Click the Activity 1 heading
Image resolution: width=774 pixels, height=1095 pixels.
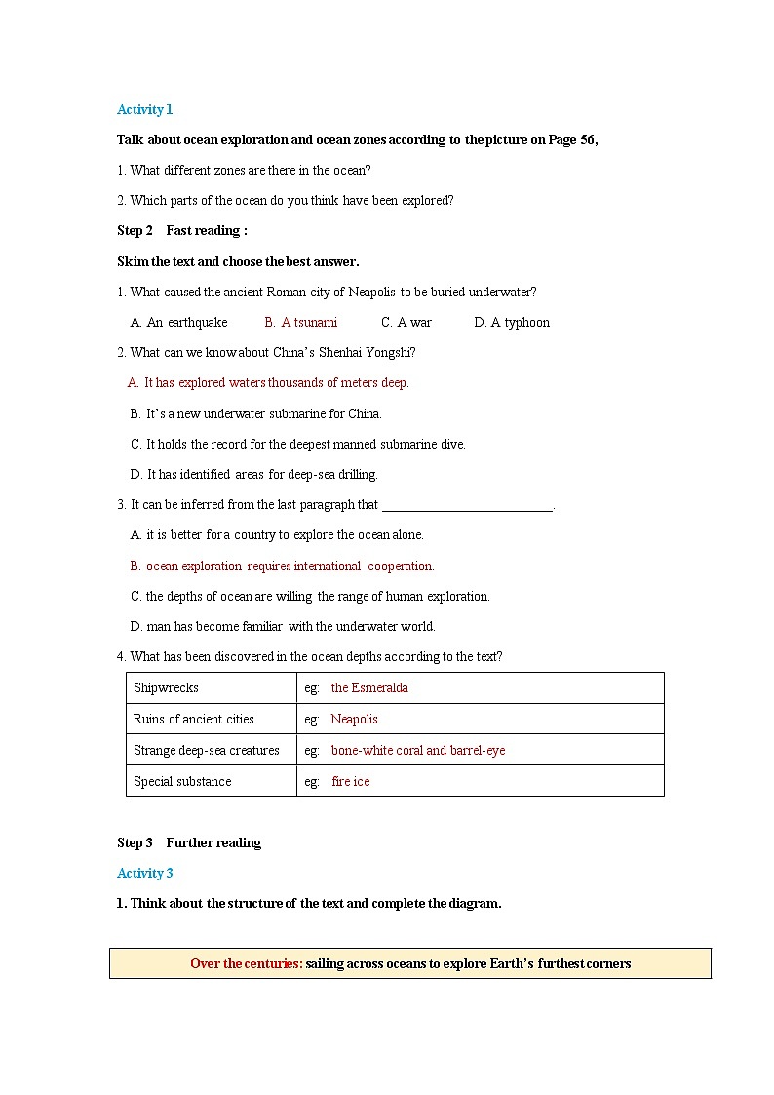(144, 109)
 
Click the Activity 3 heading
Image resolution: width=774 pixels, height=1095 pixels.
(144, 873)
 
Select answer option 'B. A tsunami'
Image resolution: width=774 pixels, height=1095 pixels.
(301, 322)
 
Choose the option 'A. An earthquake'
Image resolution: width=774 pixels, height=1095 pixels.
(179, 322)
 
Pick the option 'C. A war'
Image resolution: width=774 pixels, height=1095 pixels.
(406, 322)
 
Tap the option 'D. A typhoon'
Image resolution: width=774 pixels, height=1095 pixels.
(512, 322)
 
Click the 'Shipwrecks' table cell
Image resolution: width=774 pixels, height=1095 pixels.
(166, 687)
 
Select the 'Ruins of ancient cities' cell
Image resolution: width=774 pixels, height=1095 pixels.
(193, 719)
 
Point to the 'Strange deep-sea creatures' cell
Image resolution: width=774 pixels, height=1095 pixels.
(206, 750)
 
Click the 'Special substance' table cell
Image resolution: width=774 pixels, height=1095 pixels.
(182, 781)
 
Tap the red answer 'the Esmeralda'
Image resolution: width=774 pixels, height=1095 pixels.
(369, 687)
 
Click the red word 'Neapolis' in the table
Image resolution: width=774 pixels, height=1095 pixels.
(354, 719)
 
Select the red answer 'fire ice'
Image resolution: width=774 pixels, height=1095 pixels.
(351, 781)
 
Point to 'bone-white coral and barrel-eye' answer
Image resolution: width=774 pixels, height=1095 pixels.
(418, 750)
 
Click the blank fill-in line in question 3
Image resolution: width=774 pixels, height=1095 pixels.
(467, 506)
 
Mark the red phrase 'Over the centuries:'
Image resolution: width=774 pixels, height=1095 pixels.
(246, 963)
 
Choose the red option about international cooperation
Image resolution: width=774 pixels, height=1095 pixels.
(283, 566)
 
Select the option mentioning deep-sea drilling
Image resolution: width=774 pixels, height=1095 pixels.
(254, 474)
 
